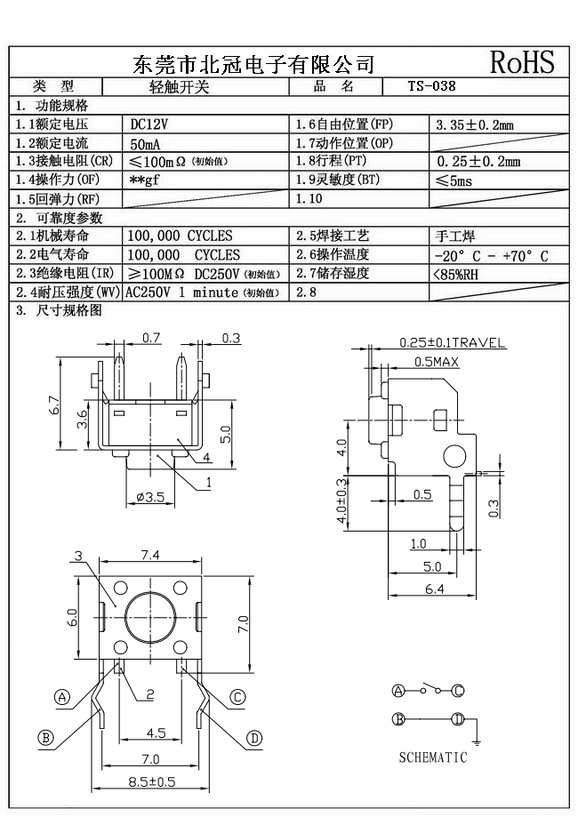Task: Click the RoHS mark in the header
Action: [522, 62]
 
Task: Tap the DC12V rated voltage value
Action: [149, 124]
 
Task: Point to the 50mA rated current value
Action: [146, 143]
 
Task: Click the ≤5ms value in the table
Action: [455, 180]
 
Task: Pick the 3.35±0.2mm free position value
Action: [475, 125]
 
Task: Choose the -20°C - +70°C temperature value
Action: [489, 256]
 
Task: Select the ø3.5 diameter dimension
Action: [149, 498]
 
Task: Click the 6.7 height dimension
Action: [54, 405]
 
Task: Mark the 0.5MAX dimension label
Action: [437, 362]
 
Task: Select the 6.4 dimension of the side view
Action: [434, 589]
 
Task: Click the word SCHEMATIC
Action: [432, 757]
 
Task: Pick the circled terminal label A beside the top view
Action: [62, 697]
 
